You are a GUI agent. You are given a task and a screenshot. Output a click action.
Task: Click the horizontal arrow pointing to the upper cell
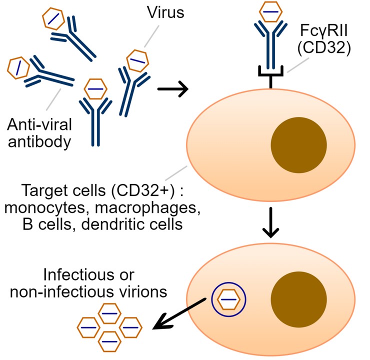click(x=172, y=89)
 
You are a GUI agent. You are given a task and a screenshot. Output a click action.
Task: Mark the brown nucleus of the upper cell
click(x=298, y=145)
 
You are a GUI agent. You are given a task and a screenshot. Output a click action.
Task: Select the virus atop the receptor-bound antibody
click(x=270, y=11)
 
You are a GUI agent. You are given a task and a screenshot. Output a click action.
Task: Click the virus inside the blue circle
click(x=229, y=299)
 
